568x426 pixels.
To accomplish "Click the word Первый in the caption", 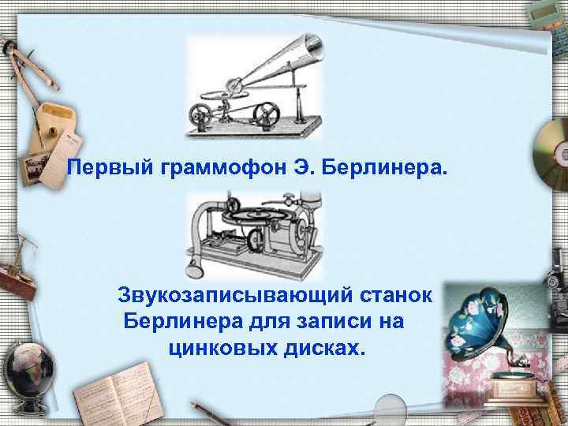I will pos(99,167).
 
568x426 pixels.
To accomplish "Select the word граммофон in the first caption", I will pos(196,167).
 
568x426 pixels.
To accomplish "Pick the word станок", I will pos(394,296).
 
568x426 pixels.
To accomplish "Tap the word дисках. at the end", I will pos(323,348).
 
